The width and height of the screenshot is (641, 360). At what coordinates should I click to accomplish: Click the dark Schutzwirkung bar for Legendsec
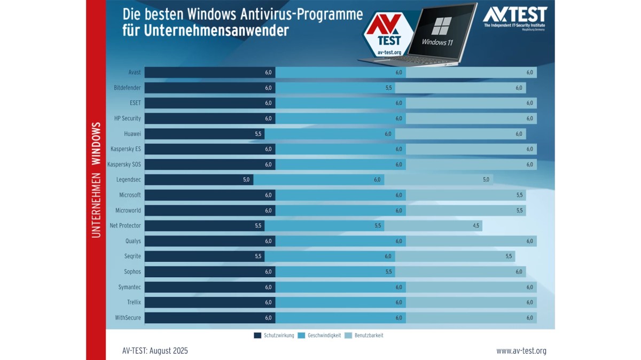pos(199,179)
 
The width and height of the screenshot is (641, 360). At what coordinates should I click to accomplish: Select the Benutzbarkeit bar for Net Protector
pos(433,226)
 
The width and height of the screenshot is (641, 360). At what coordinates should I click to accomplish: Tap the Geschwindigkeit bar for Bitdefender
pos(335,88)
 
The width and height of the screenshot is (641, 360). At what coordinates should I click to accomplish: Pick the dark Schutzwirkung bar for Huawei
pos(204,134)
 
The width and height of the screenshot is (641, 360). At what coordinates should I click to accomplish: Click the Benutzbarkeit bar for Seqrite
pos(455,256)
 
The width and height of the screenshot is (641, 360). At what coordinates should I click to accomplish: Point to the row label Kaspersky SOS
pos(124,165)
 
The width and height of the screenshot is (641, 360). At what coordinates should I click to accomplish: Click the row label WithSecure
pos(128,318)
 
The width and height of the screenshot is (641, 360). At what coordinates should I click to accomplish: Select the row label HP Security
pos(127,118)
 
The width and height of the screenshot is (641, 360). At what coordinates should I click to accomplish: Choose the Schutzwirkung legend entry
pos(273,335)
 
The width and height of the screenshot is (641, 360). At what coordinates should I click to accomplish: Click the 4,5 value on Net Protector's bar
pos(476,226)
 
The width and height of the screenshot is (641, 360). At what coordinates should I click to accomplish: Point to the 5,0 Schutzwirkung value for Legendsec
pos(246,179)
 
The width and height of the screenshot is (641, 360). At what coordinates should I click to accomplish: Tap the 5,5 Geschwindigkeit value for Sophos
pos(389,272)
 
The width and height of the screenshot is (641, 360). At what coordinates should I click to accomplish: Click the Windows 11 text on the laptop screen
pos(437,42)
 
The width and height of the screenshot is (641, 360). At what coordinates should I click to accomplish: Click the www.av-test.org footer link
pos(521,351)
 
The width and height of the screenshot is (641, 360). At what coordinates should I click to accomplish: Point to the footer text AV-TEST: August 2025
pos(155,351)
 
